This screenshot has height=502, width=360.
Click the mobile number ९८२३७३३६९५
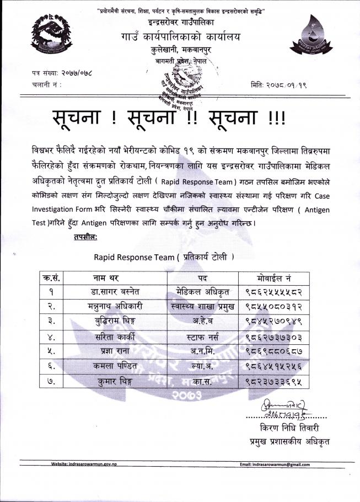pos(274,380)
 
